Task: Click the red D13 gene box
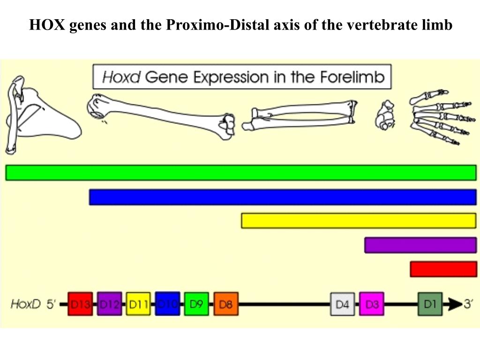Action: pyautogui.click(x=80, y=304)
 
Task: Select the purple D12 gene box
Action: pyautogui.click(x=109, y=304)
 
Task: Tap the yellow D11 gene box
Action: pyautogui.click(x=138, y=304)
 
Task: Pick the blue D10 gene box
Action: pyautogui.click(x=167, y=304)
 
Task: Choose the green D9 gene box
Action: pyautogui.click(x=196, y=304)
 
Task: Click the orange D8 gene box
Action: pyautogui.click(x=226, y=304)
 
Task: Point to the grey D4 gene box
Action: pyautogui.click(x=343, y=304)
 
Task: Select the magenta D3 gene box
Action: pyautogui.click(x=372, y=304)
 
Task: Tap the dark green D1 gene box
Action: pyautogui.click(x=430, y=304)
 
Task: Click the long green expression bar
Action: pyautogui.click(x=240, y=172)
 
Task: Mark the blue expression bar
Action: pyautogui.click(x=283, y=197)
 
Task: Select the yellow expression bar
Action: pyautogui.click(x=359, y=221)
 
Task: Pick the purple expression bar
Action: pyautogui.click(x=420, y=245)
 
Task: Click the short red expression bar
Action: pyautogui.click(x=443, y=269)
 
